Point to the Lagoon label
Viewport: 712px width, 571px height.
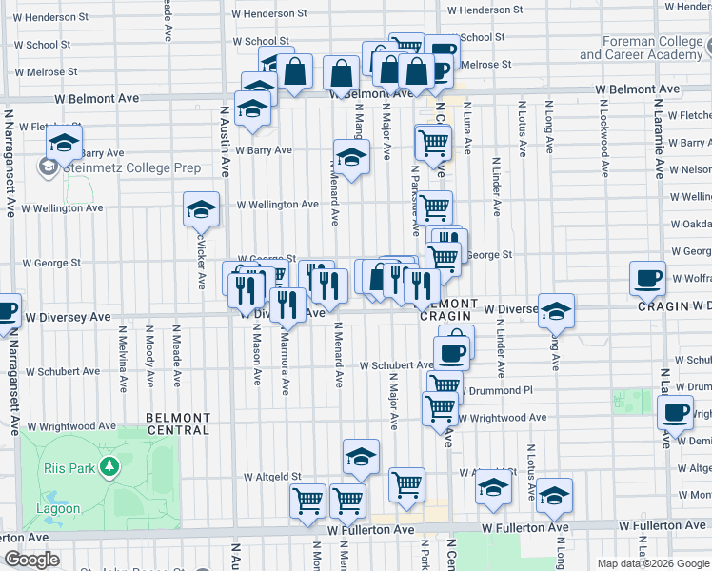(61, 508)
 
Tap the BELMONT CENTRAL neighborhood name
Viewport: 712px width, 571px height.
(178, 423)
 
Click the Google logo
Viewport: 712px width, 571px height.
(31, 559)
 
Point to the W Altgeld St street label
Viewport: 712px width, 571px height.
(272, 476)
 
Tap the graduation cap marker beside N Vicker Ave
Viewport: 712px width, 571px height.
(202, 210)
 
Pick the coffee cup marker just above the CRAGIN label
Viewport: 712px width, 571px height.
(648, 279)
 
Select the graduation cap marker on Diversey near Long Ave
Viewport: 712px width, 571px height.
(556, 312)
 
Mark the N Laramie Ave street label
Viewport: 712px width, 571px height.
(657, 143)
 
